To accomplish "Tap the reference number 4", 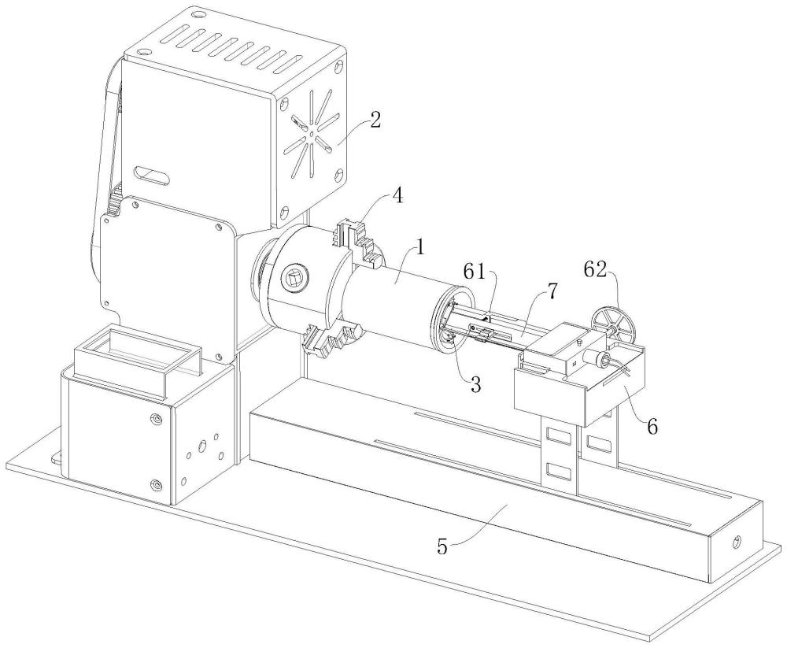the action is tap(397, 196).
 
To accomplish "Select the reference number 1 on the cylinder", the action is tap(421, 249).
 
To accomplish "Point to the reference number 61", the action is tap(475, 272).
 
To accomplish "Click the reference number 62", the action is tap(595, 271).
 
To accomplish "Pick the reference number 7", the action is tap(552, 291).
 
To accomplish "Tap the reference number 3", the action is tap(475, 384).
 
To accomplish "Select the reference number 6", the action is tap(652, 427).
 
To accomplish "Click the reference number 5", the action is tap(442, 546).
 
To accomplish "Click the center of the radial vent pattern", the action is tap(312, 133).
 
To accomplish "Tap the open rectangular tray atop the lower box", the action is tap(136, 356).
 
